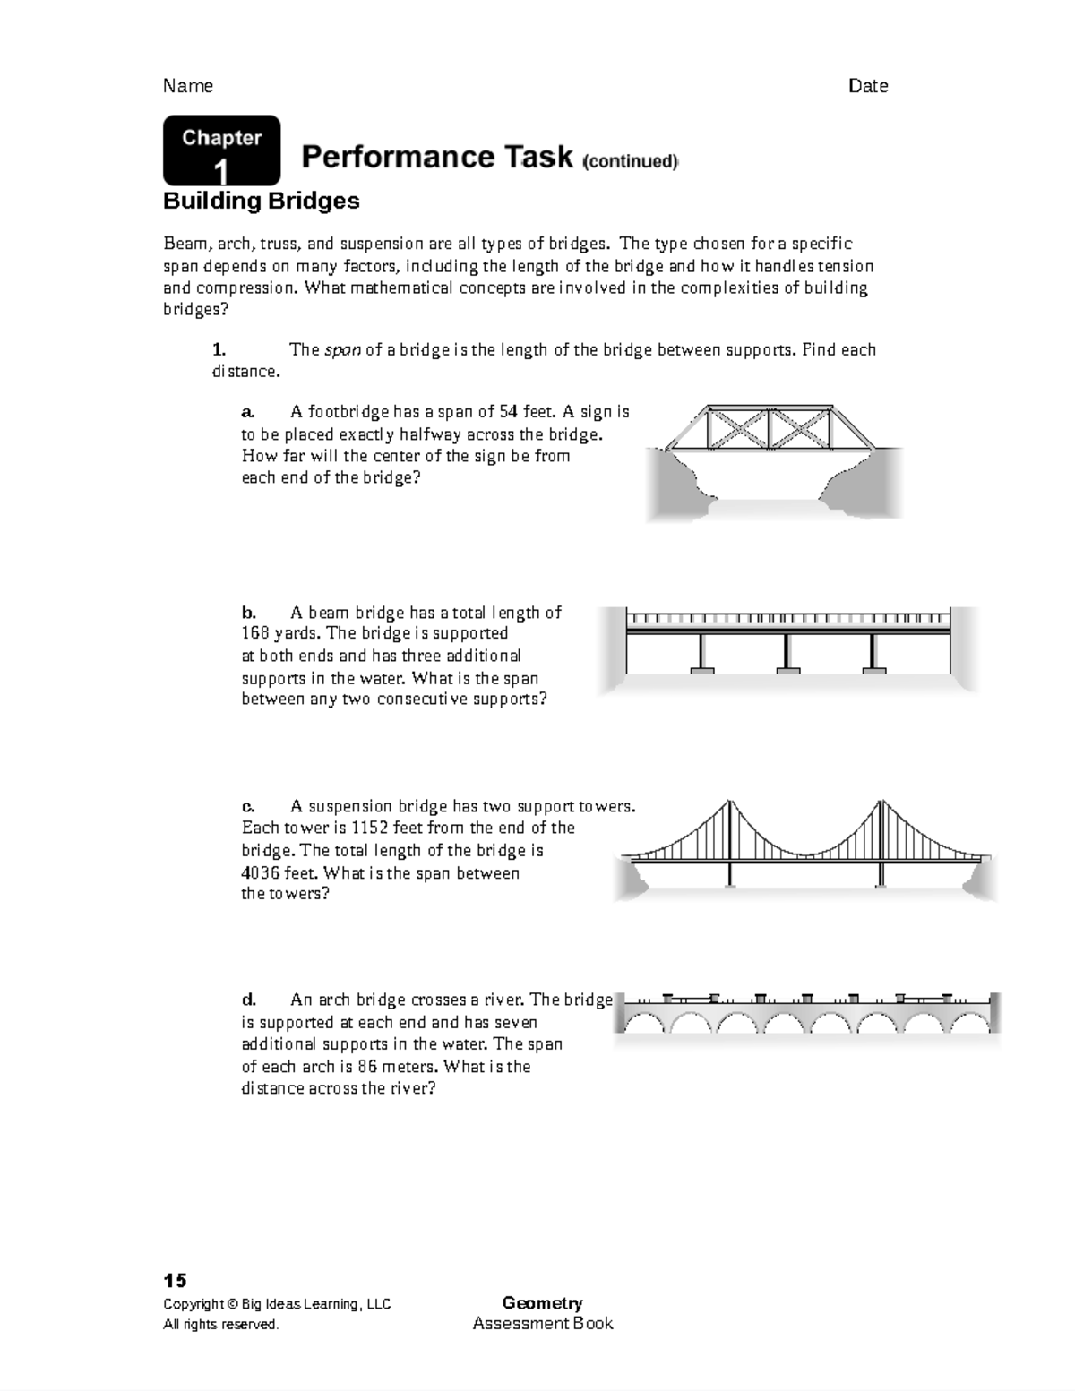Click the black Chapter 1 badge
coord(221,150)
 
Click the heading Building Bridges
coord(261,201)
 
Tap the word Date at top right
coord(868,86)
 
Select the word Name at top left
coord(188,86)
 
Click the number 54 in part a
coord(508,412)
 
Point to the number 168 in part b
coord(255,633)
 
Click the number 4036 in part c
coord(261,872)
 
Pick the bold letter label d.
coord(249,1000)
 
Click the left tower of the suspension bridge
coord(731,842)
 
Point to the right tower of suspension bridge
coord(881,842)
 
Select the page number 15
coord(175,1280)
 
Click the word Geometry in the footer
coord(542,1303)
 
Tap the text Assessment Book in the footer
coord(542,1324)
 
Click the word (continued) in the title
coord(631,161)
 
